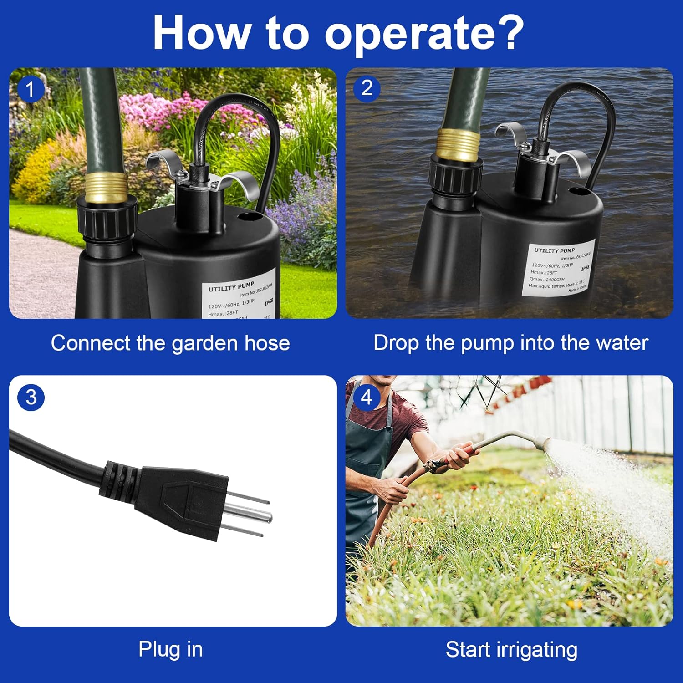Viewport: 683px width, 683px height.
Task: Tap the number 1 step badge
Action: (30, 89)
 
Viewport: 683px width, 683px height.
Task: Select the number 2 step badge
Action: (367, 88)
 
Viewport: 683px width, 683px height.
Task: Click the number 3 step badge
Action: (31, 397)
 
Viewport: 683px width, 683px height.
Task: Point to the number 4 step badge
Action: (367, 397)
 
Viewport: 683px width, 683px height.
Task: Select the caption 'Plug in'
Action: (170, 649)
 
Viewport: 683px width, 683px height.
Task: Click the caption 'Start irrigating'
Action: (511, 649)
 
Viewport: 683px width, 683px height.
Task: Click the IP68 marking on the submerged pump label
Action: (585, 268)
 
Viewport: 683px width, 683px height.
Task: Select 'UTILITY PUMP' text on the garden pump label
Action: (231, 286)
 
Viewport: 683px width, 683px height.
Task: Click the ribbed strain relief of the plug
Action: (119, 480)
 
